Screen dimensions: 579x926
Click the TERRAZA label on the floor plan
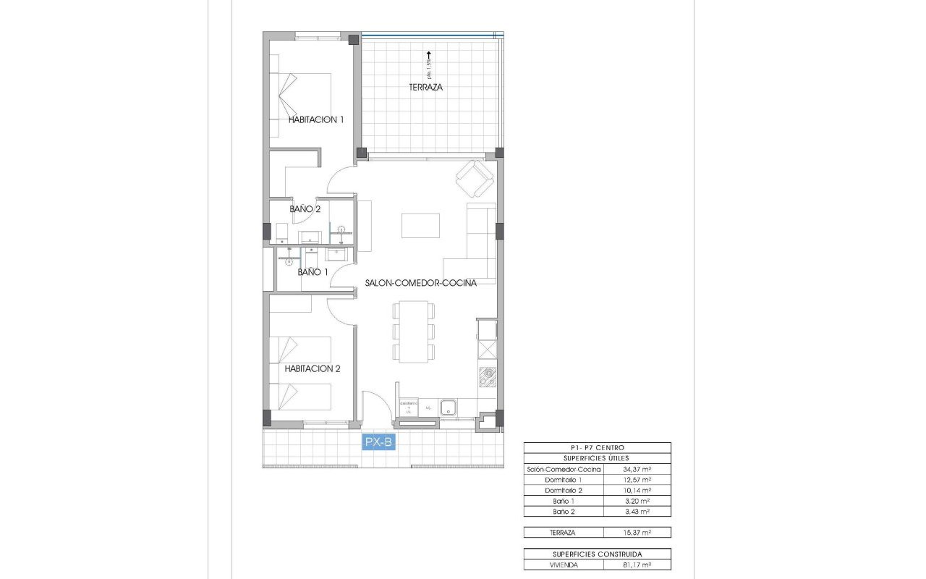tap(425, 87)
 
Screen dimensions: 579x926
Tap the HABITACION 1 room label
tap(316, 119)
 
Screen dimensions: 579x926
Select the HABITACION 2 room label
tap(313, 368)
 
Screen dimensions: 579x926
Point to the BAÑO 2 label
tap(305, 209)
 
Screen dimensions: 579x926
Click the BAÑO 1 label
tap(313, 272)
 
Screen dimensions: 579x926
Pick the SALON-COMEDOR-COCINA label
tap(420, 284)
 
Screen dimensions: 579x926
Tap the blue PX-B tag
tap(379, 441)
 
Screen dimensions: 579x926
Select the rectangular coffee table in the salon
tap(421, 225)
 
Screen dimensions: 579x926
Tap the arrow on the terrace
tap(428, 54)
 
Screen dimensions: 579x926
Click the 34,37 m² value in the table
tap(637, 469)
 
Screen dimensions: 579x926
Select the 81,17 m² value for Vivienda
tap(637, 565)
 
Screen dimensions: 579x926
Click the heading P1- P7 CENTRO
tap(597, 448)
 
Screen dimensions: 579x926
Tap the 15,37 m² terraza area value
tap(637, 533)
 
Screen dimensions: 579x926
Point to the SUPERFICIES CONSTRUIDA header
tap(597, 554)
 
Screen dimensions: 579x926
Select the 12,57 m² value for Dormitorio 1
tap(637, 480)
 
